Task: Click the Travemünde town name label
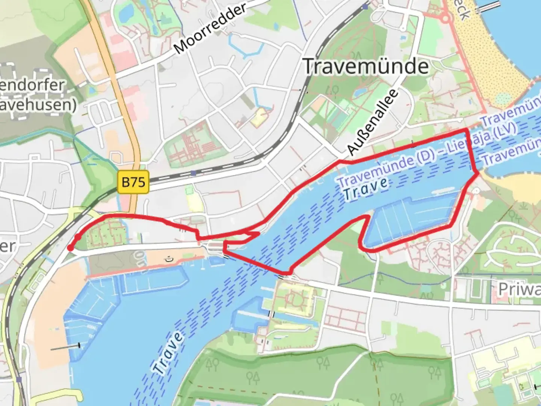pyautogui.click(x=366, y=67)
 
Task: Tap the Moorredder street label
pyautogui.click(x=210, y=28)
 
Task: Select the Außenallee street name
pyautogui.click(x=372, y=122)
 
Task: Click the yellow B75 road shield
pyautogui.click(x=133, y=182)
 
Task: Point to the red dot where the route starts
pyautogui.click(x=70, y=248)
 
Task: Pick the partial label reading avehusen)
pyautogui.click(x=38, y=105)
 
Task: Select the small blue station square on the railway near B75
pyautogui.click(x=193, y=173)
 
